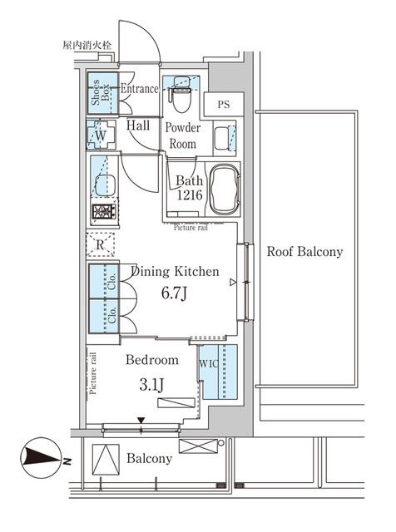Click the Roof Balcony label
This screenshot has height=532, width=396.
pos(304,252)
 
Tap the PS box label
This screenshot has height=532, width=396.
pos(224,105)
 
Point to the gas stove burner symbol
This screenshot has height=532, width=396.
pos(101,212)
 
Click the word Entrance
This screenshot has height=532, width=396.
pos(139,89)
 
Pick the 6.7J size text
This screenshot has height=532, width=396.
pos(173,293)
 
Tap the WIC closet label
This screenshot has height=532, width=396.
pos(208,363)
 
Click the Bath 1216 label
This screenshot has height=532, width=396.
pos(189,188)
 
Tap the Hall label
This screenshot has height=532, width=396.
pos(138,126)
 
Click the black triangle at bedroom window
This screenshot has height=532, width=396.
pos(141,421)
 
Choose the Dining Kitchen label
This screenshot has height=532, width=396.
pos(173,272)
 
